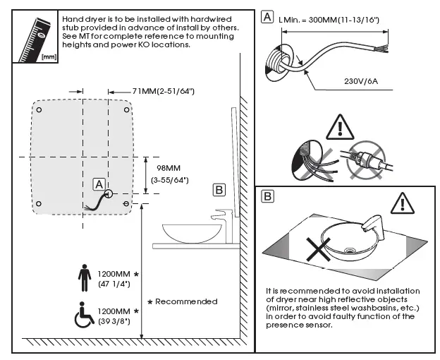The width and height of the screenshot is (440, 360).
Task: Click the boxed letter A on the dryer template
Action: (98, 184)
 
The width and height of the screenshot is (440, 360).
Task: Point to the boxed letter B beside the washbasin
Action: (219, 188)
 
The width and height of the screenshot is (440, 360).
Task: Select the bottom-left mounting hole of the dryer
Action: (39, 204)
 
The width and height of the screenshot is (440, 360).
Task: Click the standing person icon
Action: (85, 276)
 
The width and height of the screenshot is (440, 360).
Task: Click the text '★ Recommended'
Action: (185, 301)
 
